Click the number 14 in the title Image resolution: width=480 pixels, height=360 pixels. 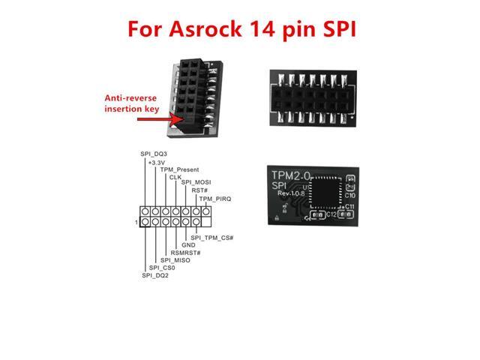[x=276, y=30]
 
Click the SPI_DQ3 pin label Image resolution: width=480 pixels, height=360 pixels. [x=154, y=154]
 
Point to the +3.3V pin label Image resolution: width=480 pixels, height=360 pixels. [x=157, y=162]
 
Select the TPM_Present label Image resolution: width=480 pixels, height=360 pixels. [x=178, y=169]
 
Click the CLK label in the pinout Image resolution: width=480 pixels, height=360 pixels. [x=175, y=177]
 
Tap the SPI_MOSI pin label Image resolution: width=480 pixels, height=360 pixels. [x=196, y=183]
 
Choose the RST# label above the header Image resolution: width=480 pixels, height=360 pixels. [x=199, y=190]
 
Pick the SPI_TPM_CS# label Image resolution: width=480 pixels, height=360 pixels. [x=213, y=238]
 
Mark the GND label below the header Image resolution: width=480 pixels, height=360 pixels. [x=188, y=245]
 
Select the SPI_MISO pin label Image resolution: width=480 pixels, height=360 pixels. [x=175, y=260]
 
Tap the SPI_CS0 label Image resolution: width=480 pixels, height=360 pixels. [x=162, y=268]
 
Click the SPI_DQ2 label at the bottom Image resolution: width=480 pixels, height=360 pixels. [x=154, y=275]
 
